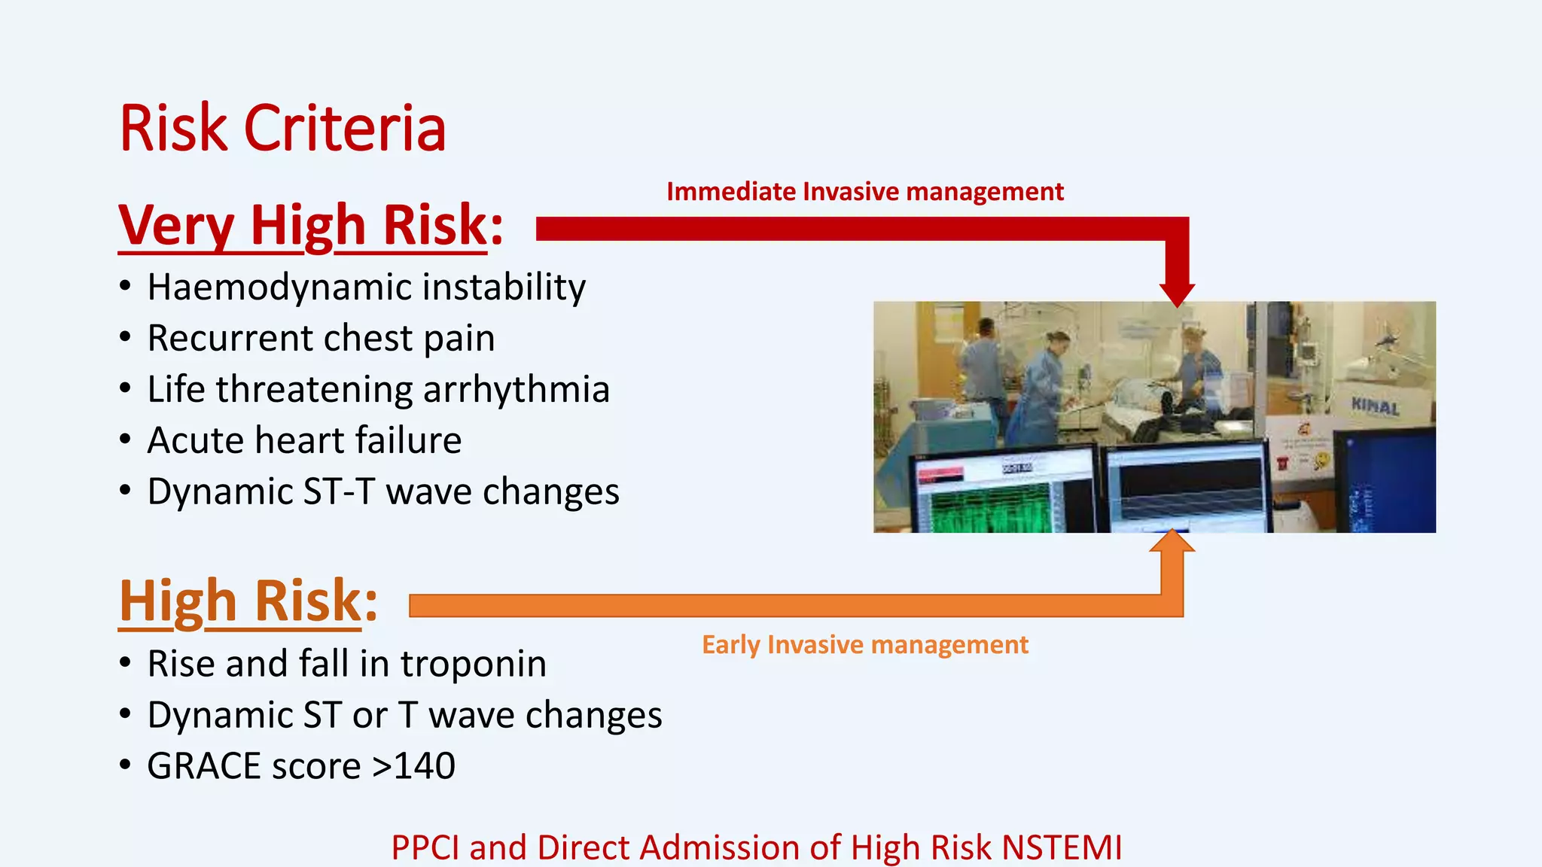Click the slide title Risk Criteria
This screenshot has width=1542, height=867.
[282, 129]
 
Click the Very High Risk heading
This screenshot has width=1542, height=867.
[310, 225]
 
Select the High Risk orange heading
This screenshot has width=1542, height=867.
[248, 601]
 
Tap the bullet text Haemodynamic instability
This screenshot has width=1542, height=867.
[366, 287]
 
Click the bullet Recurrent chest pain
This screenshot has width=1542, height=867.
[321, 338]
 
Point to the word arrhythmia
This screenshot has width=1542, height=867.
[516, 390]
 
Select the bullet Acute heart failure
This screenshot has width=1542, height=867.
[304, 440]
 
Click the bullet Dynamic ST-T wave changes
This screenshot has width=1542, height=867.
[382, 491]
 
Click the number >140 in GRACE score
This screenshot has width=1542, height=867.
[413, 766]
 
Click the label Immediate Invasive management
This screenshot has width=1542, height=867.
[864, 192]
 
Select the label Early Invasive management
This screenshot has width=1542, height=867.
[864, 645]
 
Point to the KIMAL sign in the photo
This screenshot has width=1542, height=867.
[1375, 406]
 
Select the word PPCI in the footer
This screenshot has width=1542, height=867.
[425, 847]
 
